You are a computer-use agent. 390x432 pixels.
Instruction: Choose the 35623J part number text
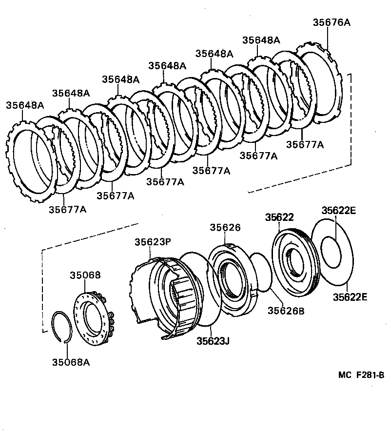click(x=213, y=341)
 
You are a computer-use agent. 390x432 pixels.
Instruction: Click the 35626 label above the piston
click(x=225, y=228)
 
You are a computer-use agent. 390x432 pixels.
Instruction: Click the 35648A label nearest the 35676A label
click(x=261, y=40)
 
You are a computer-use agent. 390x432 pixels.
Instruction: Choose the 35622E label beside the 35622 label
click(x=338, y=211)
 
